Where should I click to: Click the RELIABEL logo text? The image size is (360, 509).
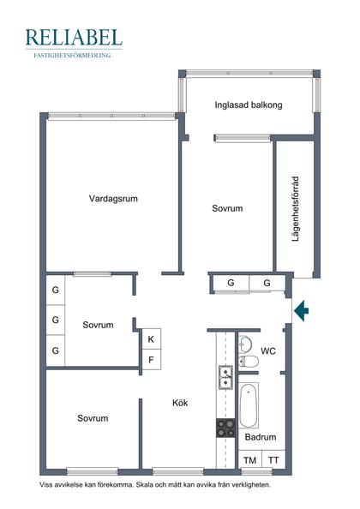pos(74,37)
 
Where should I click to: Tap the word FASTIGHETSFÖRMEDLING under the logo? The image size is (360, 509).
pos(74,54)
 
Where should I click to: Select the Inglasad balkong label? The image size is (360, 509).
pos(249,105)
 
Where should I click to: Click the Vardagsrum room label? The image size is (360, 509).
pos(113,199)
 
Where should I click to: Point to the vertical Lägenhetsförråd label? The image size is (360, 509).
pos(295,208)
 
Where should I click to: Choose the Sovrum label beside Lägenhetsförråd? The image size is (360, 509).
pos(227,208)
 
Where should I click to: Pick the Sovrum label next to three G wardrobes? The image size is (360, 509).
pos(99,325)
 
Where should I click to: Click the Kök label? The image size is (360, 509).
pos(180,403)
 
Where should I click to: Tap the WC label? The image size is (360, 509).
pos(267,350)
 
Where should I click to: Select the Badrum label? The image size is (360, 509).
pos(261,437)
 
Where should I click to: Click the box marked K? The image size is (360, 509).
pos(151,339)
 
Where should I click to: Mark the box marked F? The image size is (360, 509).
pos(151,359)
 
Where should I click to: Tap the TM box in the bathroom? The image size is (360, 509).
pos(249,461)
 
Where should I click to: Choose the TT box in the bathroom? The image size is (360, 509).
pos(273,461)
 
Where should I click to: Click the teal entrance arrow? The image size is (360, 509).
pos(300,310)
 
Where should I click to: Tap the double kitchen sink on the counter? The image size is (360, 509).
pos(226,375)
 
